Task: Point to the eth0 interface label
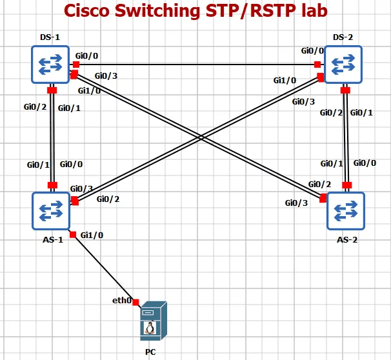pyautogui.click(x=121, y=300)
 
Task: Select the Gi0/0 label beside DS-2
pyautogui.click(x=313, y=50)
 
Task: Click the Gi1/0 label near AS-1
pyautogui.click(x=91, y=235)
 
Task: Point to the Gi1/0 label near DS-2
pyautogui.click(x=285, y=81)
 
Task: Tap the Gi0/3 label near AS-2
pyautogui.click(x=296, y=203)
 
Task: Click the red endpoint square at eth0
pyautogui.click(x=136, y=302)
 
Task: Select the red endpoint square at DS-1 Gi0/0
pyautogui.click(x=76, y=64)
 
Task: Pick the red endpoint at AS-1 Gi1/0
pyautogui.click(x=73, y=234)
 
